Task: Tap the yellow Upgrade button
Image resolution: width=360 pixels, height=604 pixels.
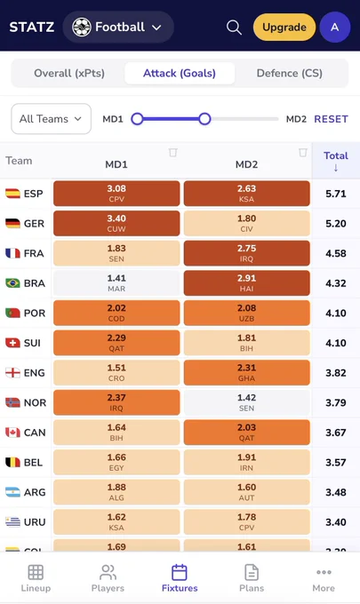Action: pos(284,27)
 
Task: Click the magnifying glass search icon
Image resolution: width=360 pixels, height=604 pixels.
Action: pos(234,28)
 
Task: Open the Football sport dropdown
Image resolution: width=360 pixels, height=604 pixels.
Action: pos(118,27)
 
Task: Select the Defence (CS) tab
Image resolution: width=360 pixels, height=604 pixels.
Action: pos(290,73)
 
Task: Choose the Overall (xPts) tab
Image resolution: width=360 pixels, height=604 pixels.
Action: pos(69,73)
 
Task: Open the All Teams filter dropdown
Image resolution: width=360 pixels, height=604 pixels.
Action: pos(52,119)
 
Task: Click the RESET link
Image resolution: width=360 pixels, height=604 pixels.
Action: pos(331,119)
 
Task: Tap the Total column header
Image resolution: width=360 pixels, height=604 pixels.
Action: pos(336,161)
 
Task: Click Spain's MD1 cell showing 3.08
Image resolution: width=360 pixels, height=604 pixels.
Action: pos(116,194)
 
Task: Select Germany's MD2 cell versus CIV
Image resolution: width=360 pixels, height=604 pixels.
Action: pos(247,224)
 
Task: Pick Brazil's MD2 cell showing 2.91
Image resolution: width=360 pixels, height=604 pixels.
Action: pos(247,283)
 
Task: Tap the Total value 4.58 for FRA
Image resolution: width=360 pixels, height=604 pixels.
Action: pos(336,253)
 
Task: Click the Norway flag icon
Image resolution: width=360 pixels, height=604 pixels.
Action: pos(12,402)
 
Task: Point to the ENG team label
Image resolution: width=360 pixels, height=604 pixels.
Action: pos(35,373)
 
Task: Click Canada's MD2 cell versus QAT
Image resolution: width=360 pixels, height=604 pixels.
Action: pos(247,433)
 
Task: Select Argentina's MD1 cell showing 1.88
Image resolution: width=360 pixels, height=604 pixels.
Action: pos(116,492)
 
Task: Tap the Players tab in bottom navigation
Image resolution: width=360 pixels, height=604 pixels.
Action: pos(108,578)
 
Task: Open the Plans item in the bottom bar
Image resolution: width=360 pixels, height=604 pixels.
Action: pos(252,578)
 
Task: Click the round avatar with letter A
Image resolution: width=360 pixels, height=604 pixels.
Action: pos(335,27)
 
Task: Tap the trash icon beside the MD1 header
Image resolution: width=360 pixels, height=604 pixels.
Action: pos(172,153)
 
